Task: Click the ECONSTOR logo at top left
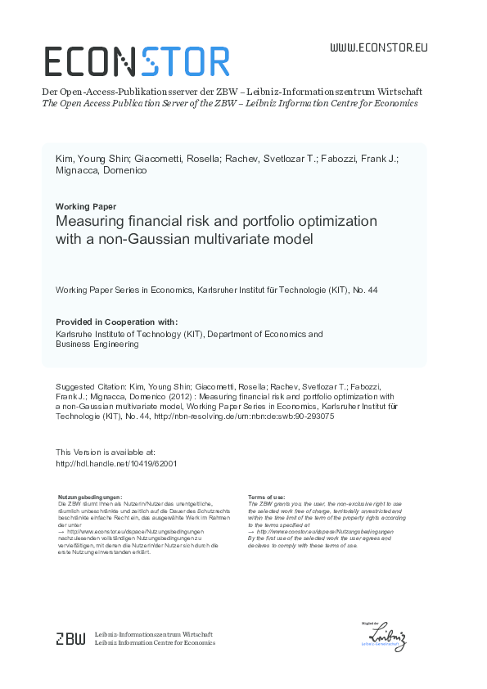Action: pyautogui.click(x=137, y=61)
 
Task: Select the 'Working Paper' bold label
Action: pyautogui.click(x=86, y=206)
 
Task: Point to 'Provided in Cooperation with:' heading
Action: pyautogui.click(x=117, y=322)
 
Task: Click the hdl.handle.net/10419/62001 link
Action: pyautogui.click(x=116, y=462)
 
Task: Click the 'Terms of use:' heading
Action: pyautogui.click(x=266, y=498)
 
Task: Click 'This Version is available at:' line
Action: pyautogui.click(x=106, y=452)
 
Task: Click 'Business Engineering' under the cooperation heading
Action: pyautogui.click(x=97, y=344)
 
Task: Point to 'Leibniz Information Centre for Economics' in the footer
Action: pyautogui.click(x=155, y=643)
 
